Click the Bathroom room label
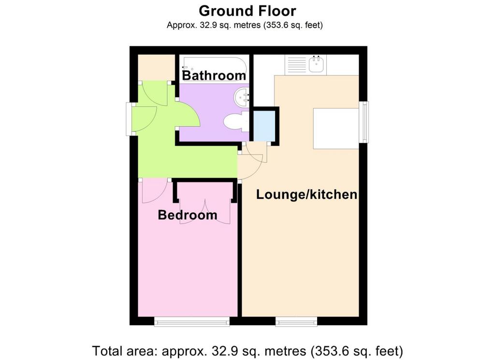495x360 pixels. (214, 75)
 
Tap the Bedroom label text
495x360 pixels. (188, 215)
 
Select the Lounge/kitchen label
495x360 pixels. (306, 194)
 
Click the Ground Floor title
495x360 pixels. (247, 11)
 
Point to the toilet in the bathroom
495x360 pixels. (236, 121)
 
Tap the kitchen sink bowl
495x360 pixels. (316, 64)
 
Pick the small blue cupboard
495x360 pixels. (264, 126)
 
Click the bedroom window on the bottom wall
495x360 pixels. (192, 321)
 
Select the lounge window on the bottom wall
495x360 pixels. (296, 321)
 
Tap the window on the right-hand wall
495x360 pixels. (364, 121)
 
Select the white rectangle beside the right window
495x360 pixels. (336, 128)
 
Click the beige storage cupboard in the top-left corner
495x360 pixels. (157, 67)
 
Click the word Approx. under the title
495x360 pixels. (182, 25)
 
